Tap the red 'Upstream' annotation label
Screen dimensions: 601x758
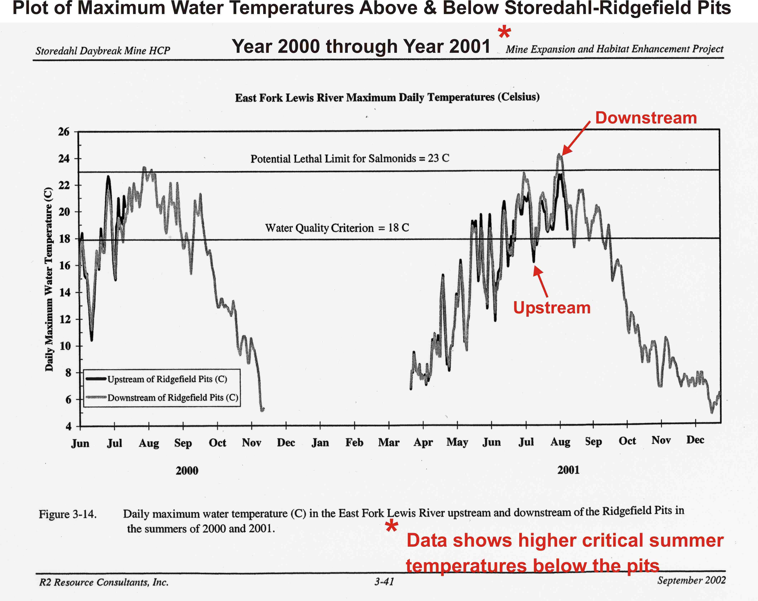(552, 308)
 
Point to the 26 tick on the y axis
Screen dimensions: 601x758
(64, 132)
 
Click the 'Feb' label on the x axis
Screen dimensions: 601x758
(354, 442)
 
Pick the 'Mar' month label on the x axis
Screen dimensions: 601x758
(388, 442)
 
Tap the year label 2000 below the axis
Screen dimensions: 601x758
(187, 471)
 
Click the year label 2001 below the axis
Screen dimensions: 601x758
(568, 470)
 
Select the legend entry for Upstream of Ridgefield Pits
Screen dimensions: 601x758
(167, 379)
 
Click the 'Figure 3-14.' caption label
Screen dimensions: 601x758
(68, 514)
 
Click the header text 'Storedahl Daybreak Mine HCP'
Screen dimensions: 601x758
(103, 51)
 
